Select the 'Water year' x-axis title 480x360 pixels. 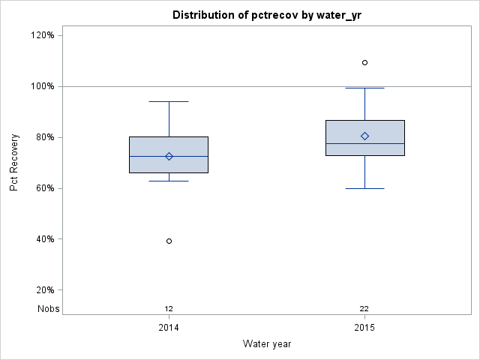[267, 344]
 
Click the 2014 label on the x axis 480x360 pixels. [169, 328]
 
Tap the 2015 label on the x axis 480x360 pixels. [364, 328]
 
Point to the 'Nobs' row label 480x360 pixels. [49, 308]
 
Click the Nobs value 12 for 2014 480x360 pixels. [169, 308]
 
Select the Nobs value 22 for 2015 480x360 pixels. [364, 308]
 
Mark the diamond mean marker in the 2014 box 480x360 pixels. [169, 156]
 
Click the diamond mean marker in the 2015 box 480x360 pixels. [364, 136]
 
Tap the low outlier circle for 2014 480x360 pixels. [169, 241]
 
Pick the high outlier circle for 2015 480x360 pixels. [364, 62]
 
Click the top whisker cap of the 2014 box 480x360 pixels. [169, 101]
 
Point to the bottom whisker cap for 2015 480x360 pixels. [364, 188]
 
